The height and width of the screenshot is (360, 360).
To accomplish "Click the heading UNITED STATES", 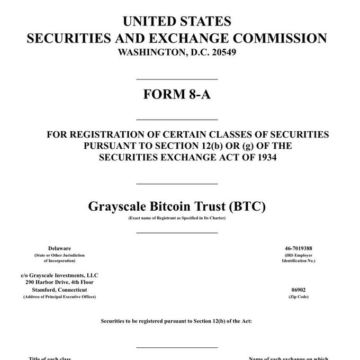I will point(177,22).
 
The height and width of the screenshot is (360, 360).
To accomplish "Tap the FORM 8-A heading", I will point(177,95).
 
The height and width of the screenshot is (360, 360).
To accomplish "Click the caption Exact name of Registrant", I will point(177,218).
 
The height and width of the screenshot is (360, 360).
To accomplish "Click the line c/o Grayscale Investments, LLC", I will point(60,275).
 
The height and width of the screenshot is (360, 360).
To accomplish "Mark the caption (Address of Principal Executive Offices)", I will point(60,297).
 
